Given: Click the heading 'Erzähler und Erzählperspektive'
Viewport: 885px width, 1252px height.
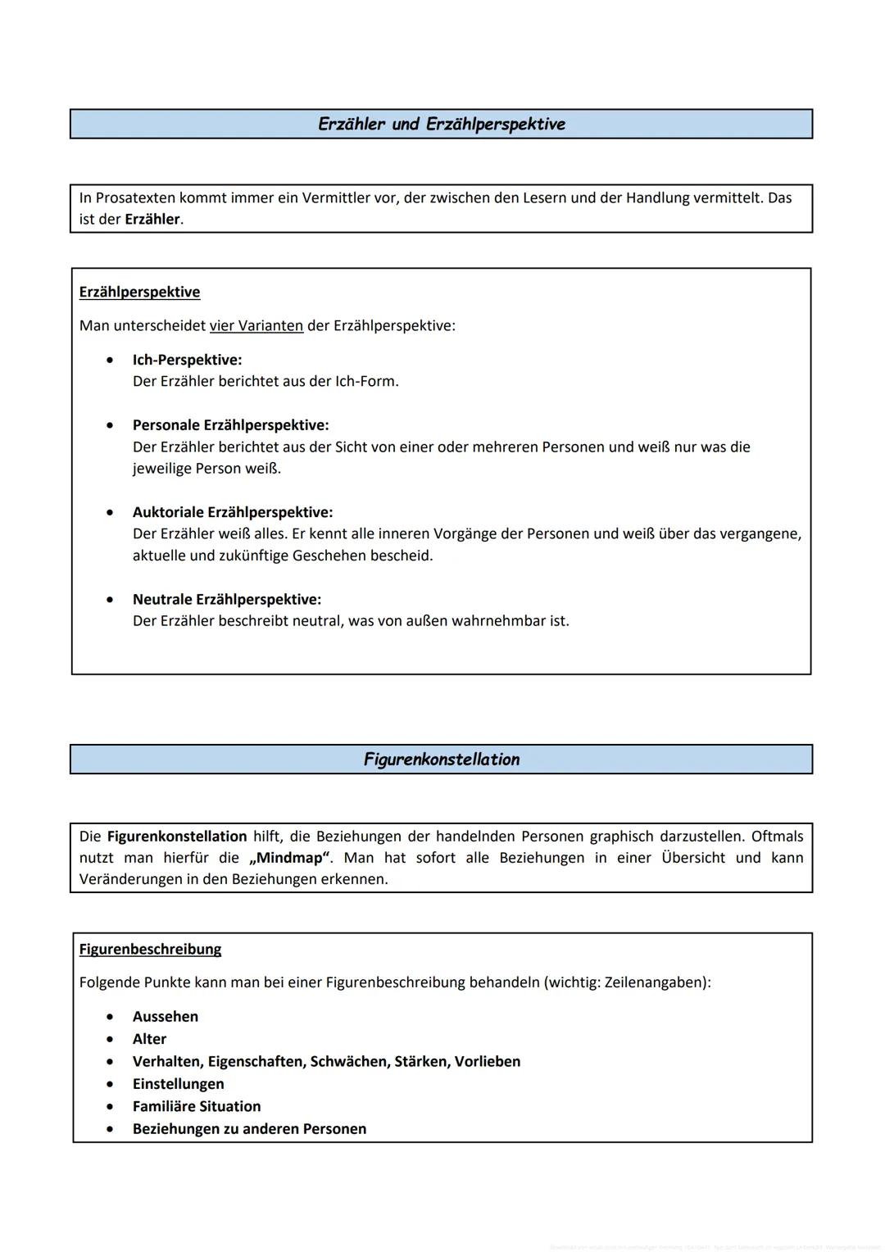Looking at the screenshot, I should (x=441, y=125).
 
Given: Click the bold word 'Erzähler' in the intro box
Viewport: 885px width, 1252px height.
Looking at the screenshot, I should (x=152, y=220).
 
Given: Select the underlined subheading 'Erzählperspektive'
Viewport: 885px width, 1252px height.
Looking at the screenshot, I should (x=139, y=293).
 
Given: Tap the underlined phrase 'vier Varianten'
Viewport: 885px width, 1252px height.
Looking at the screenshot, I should (x=256, y=326).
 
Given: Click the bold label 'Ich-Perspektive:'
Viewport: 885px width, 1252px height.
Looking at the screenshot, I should (x=187, y=360).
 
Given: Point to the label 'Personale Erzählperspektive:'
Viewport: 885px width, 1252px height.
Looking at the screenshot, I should (x=230, y=425).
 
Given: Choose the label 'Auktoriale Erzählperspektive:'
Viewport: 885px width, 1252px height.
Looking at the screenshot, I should (x=233, y=512).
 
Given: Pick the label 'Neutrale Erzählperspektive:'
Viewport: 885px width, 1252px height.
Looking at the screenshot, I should (x=226, y=599).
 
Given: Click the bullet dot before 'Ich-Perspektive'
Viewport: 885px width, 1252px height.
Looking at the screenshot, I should (x=110, y=360).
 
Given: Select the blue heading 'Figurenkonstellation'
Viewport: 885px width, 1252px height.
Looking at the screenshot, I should (x=441, y=760).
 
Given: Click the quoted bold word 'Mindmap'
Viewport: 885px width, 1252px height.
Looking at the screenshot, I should (x=290, y=858).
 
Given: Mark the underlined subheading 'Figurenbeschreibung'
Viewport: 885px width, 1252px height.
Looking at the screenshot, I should (x=150, y=950).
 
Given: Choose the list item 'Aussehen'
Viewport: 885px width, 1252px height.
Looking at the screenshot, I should (x=165, y=1017).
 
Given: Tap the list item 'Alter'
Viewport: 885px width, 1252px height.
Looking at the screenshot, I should (x=149, y=1039).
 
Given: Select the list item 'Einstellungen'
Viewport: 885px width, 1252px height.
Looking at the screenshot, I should (x=178, y=1084).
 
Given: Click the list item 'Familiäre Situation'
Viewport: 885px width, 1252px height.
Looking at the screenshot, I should (x=196, y=1106).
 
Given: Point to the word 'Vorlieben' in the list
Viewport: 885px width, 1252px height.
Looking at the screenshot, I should (x=488, y=1062).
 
